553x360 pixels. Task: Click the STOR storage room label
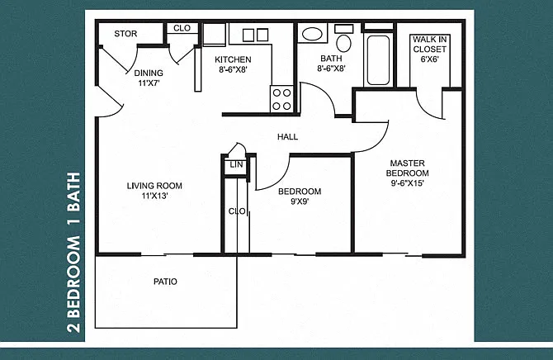pos(125,34)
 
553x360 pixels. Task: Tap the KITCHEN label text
pos(233,59)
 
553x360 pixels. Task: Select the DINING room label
pos(149,73)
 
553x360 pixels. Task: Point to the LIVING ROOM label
pos(154,186)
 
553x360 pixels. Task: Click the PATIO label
pos(165,282)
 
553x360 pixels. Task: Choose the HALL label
pos(287,137)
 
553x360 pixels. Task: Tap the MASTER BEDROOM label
pos(408,168)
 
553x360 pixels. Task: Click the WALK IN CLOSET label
pos(429,45)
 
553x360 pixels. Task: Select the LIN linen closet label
pos(236,165)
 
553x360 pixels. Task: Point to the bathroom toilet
pos(343,38)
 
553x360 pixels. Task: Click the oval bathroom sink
pos(312,34)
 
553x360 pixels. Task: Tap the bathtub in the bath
pos(378,59)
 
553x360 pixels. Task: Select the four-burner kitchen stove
pos(281,99)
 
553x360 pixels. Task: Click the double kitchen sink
pos(256,35)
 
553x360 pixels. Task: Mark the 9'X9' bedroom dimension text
pos(300,201)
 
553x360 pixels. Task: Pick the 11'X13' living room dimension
pos(154,196)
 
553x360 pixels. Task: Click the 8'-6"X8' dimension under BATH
pos(331,68)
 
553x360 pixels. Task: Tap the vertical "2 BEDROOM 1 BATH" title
pos(73,253)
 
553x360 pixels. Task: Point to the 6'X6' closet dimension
pos(429,59)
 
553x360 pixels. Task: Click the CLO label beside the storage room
pos(182,28)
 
